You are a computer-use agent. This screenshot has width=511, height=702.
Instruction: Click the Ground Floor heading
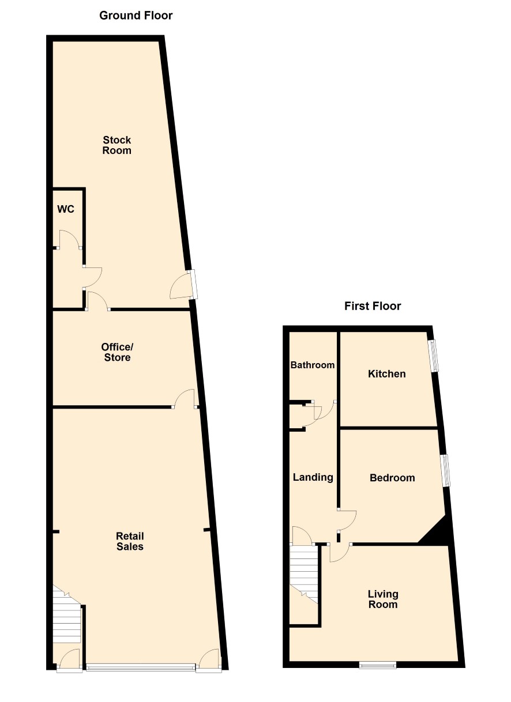[x=136, y=16]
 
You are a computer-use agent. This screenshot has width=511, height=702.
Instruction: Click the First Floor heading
[x=373, y=306]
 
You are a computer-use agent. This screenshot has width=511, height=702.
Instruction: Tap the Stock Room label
[x=117, y=145]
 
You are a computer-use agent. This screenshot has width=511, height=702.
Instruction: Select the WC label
[x=66, y=209]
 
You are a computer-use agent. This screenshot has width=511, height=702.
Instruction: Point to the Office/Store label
[x=117, y=352]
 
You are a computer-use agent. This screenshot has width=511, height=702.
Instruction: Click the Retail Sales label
[x=130, y=541]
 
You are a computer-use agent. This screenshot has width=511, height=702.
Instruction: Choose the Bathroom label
[x=313, y=365]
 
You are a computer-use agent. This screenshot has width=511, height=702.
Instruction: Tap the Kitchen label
[x=387, y=373]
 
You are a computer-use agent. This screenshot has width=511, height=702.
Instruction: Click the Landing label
[x=313, y=477]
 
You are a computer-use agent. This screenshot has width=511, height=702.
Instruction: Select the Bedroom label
[x=392, y=478]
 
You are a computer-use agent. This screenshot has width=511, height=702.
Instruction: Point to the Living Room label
[x=383, y=599]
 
